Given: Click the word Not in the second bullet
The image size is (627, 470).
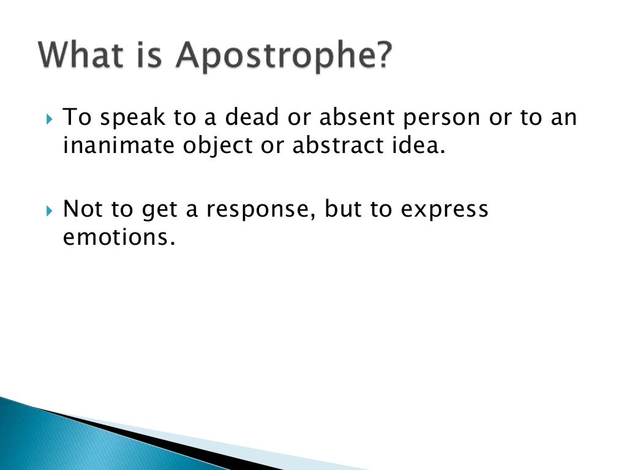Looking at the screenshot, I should pos(81,209).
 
